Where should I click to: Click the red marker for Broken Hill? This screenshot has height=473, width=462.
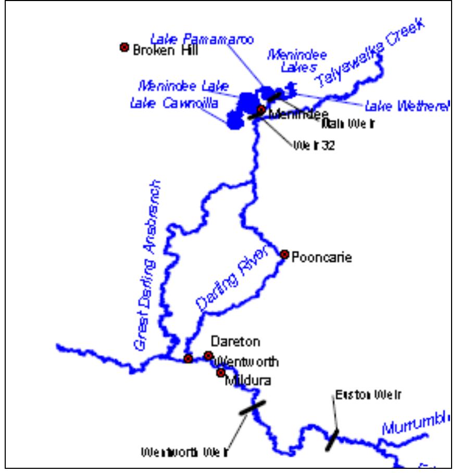[124, 47]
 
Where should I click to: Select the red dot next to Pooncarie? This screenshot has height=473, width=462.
[284, 254]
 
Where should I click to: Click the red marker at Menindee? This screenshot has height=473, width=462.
[261, 109]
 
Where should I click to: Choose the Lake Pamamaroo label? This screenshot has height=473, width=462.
[202, 40]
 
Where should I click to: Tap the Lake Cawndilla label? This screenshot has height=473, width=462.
[174, 104]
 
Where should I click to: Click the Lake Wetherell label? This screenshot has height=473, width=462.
[406, 107]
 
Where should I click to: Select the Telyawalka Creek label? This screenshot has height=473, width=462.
[371, 55]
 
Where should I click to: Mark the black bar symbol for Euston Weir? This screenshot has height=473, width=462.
[332, 439]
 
